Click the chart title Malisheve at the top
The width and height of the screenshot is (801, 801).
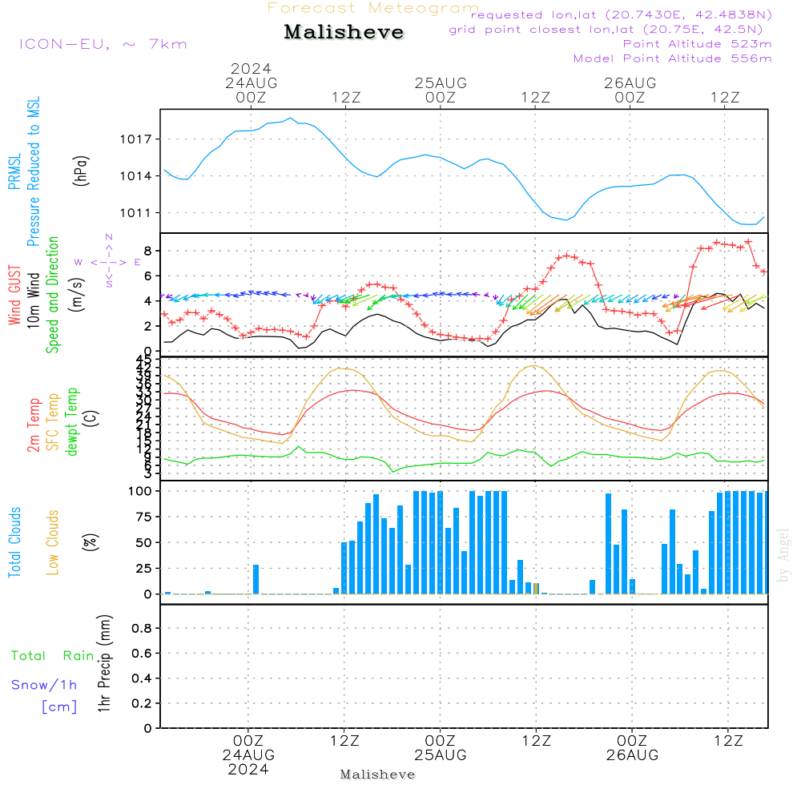click(344, 33)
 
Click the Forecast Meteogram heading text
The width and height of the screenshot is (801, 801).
click(373, 8)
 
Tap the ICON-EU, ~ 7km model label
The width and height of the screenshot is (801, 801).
click(103, 43)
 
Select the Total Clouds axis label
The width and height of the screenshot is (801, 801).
click(14, 542)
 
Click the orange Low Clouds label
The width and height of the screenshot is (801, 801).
click(53, 542)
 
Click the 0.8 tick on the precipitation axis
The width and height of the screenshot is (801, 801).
click(141, 629)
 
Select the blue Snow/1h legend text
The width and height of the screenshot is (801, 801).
click(44, 685)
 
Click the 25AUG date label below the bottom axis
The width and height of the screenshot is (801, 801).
click(440, 755)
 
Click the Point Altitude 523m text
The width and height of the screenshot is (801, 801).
click(697, 44)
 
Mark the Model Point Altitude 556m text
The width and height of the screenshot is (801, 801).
click(673, 58)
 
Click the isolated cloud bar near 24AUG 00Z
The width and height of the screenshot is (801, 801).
click(256, 579)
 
